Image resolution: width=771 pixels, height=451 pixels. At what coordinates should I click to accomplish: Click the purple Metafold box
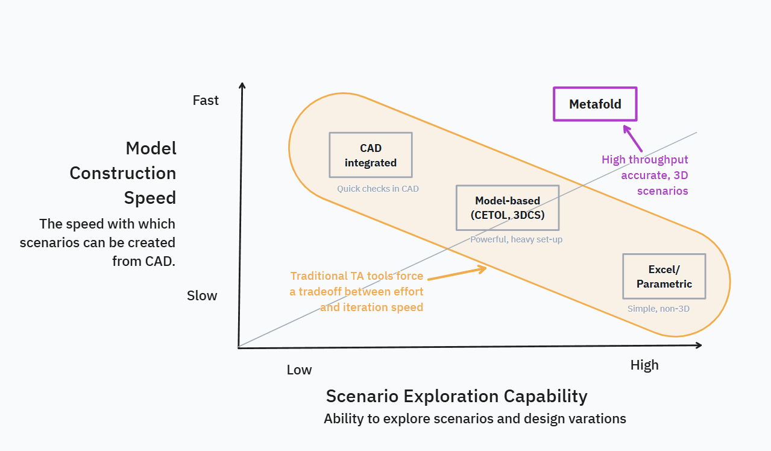595,104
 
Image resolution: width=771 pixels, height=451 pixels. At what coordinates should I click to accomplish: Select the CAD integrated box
370,155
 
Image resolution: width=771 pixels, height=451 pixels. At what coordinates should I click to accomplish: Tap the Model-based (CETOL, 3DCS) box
507,207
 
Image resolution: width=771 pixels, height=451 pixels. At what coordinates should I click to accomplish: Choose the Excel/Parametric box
664,276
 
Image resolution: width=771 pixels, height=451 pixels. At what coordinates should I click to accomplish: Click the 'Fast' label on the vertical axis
206,100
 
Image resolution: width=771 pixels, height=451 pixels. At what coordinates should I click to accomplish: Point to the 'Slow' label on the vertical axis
202,296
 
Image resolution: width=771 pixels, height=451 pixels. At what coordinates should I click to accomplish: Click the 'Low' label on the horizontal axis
299,370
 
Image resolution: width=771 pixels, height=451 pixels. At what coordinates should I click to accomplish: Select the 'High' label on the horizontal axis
644,365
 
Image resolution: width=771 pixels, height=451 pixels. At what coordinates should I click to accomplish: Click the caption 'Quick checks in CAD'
377,189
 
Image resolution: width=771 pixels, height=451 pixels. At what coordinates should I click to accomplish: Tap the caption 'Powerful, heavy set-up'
516,239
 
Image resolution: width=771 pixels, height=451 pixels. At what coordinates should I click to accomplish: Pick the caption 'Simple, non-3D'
658,309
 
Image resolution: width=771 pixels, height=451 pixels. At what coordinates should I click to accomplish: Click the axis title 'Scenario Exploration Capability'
456,396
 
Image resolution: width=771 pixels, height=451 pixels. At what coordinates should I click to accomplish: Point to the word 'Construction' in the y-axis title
122,173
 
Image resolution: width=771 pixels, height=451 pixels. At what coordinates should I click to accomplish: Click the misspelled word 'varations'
594,418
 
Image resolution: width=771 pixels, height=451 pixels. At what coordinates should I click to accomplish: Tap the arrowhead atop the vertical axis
242,86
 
